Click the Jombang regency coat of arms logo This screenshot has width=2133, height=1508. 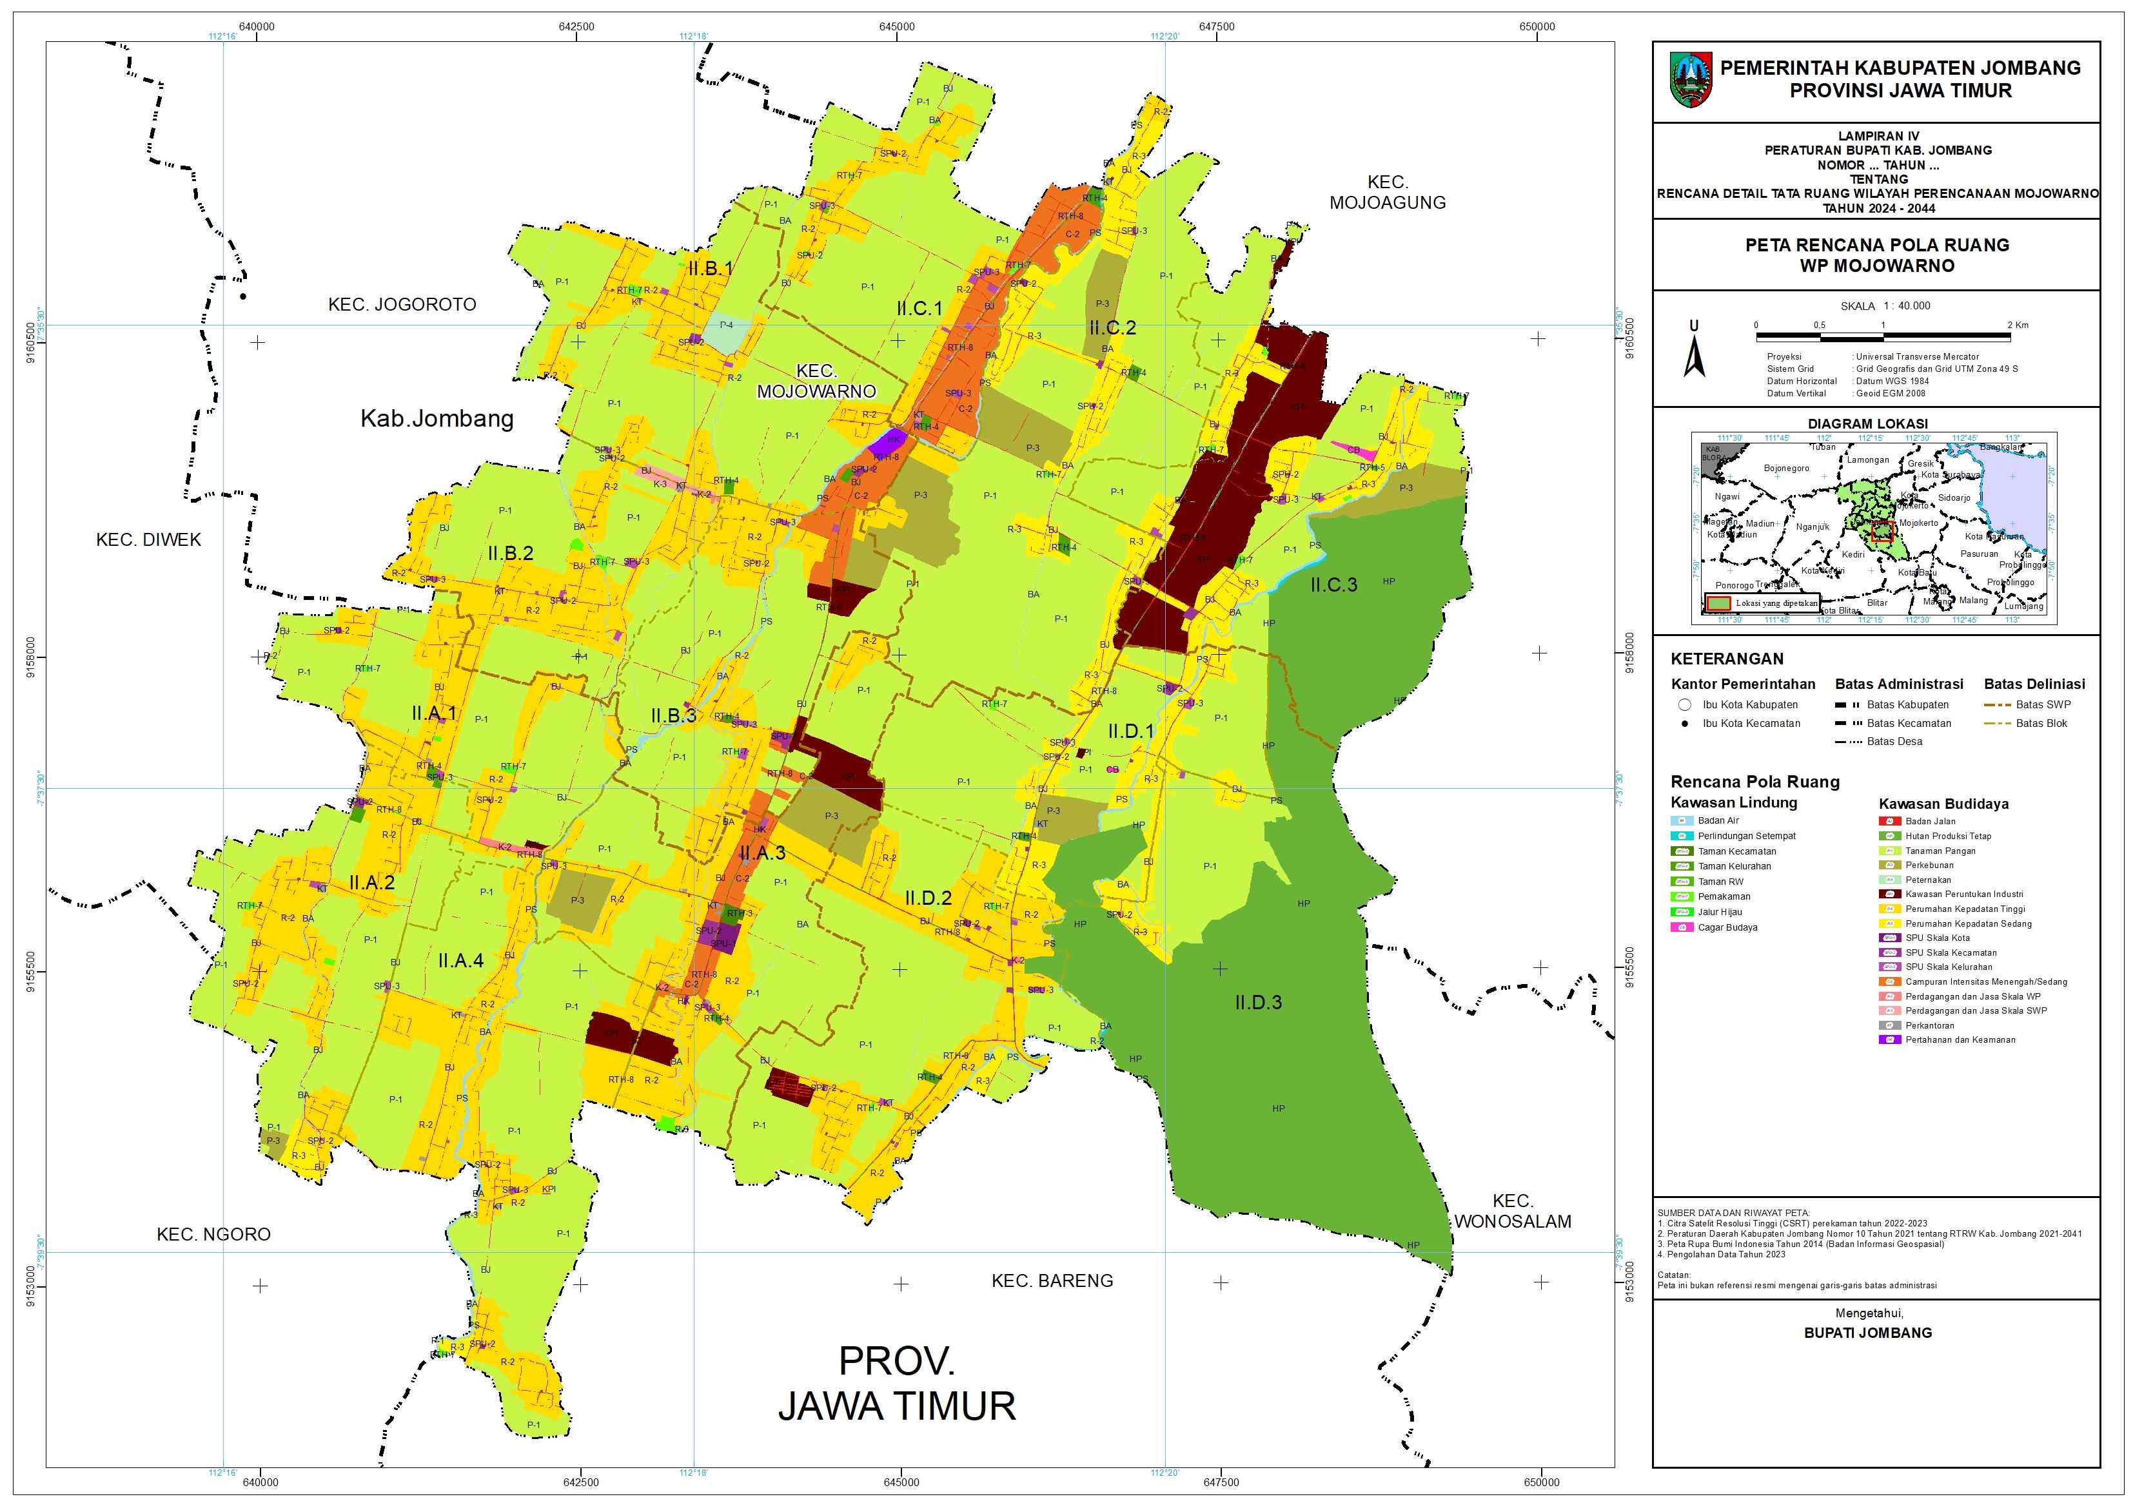[x=1691, y=80]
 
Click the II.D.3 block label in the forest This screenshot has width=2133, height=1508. [x=1258, y=1003]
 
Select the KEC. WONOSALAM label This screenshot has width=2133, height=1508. [x=1513, y=1212]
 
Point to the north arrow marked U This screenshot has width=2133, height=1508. [x=1694, y=350]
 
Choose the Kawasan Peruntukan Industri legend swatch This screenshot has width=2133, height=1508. [x=1890, y=894]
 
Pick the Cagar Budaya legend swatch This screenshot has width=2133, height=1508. [x=1682, y=927]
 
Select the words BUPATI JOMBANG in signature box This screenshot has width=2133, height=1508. [x=1867, y=1333]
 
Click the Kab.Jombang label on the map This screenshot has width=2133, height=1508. [x=437, y=419]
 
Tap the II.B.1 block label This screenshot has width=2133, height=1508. [x=711, y=268]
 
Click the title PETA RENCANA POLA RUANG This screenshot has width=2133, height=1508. [x=1876, y=245]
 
